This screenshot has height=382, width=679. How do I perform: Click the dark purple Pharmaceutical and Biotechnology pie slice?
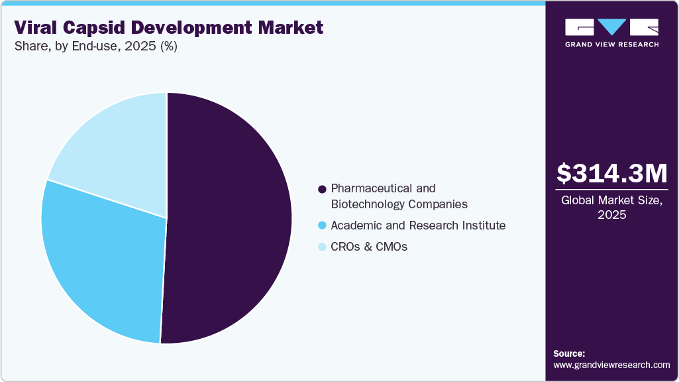[229, 219]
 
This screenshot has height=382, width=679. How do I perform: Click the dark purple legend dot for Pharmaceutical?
[322, 189]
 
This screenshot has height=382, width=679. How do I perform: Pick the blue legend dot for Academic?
[322, 225]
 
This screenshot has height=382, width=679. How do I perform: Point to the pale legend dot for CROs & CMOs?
[322, 247]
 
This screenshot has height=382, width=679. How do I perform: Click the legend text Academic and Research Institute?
[418, 225]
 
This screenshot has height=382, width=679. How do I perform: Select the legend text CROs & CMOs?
[369, 247]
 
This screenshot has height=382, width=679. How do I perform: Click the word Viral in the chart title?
[36, 28]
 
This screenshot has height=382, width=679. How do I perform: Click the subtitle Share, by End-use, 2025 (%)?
[95, 47]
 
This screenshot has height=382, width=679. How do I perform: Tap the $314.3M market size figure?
[611, 174]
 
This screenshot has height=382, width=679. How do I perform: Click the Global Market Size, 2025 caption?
[611, 208]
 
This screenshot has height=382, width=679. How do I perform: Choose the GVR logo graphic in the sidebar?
[611, 27]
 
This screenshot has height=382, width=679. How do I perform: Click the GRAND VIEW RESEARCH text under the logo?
[611, 44]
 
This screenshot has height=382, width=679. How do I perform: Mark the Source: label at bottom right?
[569, 353]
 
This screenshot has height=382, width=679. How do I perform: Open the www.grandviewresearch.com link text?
[611, 365]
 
